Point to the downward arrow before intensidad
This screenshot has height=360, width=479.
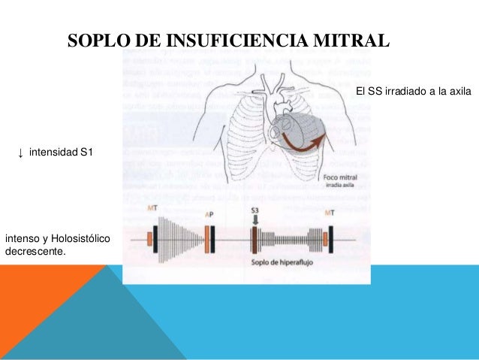(x=20, y=154)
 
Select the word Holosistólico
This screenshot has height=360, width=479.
(x=80, y=239)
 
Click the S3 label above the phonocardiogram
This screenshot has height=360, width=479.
(x=255, y=212)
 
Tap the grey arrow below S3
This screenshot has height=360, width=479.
(x=255, y=221)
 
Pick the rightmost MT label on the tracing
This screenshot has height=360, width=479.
(x=329, y=213)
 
